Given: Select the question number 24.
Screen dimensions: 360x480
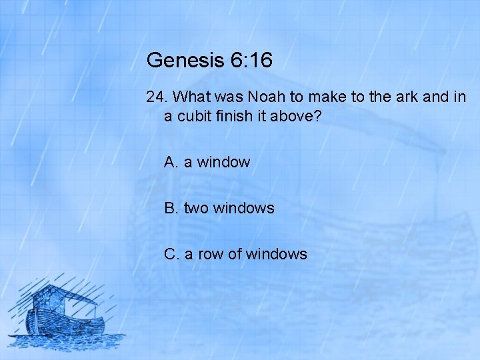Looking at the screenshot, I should pyautogui.click(x=156, y=97).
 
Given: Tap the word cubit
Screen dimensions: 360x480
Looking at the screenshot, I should pyautogui.click(x=192, y=116).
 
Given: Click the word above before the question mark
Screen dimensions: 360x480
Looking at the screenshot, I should pyautogui.click(x=293, y=116).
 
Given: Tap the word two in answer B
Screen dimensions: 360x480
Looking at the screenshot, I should pyautogui.click(x=195, y=208).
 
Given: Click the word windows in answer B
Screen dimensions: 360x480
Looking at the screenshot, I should pyautogui.click(x=243, y=208).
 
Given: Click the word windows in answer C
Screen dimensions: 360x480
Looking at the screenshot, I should pyautogui.click(x=276, y=254).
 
